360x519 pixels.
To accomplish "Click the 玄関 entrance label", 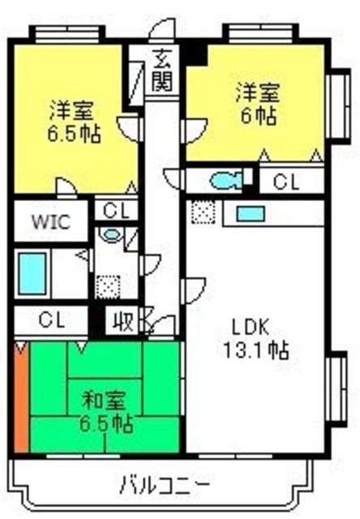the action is click(x=163, y=70).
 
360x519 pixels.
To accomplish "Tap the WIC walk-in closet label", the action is click(x=51, y=221).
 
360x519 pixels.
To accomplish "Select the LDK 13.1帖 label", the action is click(x=255, y=339).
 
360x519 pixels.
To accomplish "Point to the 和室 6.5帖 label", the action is click(x=106, y=411).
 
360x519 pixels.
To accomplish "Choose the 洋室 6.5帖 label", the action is click(x=74, y=122).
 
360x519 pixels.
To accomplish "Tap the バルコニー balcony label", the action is click(x=165, y=485).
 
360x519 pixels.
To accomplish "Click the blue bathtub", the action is click(x=32, y=273).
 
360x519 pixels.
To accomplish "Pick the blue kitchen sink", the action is click(x=251, y=214).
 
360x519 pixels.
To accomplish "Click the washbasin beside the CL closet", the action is click(x=111, y=234).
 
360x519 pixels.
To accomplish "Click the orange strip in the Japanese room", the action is click(x=22, y=397).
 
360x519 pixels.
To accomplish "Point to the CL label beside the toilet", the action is click(x=286, y=181).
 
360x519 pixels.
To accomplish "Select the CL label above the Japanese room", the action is click(x=51, y=320).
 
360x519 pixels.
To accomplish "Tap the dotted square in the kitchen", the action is click(x=204, y=212).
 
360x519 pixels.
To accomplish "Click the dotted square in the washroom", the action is click(x=108, y=286).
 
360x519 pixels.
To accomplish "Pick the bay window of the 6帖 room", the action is click(x=338, y=106).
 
